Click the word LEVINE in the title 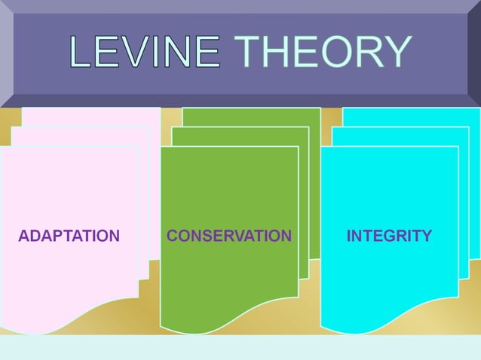point(144,53)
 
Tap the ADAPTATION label point(69,236)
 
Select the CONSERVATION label point(228,236)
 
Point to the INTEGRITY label point(389,236)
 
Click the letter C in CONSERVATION point(172,236)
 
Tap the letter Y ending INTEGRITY point(427,236)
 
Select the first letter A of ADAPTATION point(23,236)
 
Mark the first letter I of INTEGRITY point(348,236)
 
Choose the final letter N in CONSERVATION point(286,236)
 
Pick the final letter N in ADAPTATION point(114,236)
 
